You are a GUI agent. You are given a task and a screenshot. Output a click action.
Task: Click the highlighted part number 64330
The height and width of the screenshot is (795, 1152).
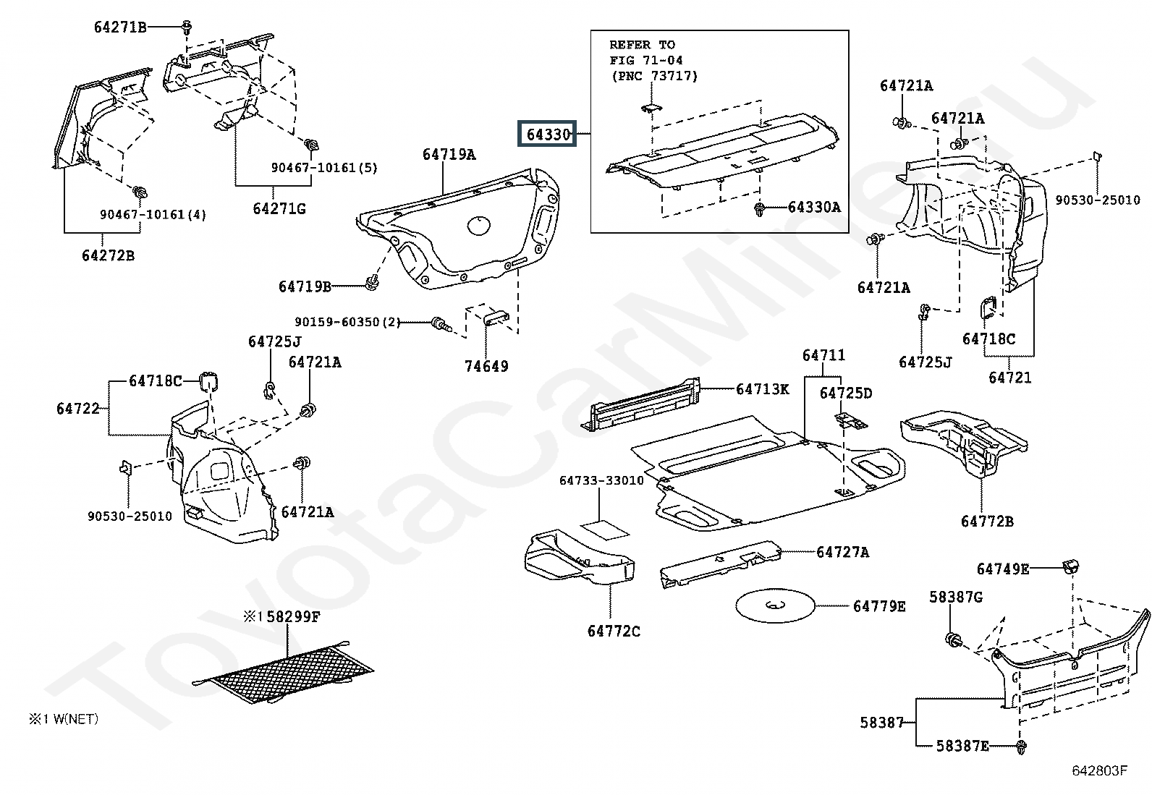pyautogui.click(x=548, y=135)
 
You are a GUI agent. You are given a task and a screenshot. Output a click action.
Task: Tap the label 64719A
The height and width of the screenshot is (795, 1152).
pyautogui.click(x=449, y=154)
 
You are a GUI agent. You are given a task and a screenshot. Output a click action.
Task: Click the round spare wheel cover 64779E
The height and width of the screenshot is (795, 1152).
pyautogui.click(x=775, y=605)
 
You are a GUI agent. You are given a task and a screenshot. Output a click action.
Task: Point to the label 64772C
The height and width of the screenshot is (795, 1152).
pyautogui.click(x=614, y=631)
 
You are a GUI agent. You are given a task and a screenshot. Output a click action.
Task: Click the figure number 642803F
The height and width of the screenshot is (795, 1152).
pyautogui.click(x=1099, y=770)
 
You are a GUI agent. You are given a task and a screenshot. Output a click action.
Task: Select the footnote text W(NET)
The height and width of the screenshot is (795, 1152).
pyautogui.click(x=75, y=719)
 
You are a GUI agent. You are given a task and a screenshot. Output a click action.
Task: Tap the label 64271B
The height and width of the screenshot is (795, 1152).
pyautogui.click(x=120, y=27)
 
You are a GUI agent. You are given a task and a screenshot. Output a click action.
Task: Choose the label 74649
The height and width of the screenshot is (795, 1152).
pyautogui.click(x=486, y=366)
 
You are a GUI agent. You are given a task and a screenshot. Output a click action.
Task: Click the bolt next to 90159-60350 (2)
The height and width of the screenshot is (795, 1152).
pyautogui.click(x=440, y=323)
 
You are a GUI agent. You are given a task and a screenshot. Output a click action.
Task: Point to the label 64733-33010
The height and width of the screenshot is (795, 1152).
pyautogui.click(x=601, y=480)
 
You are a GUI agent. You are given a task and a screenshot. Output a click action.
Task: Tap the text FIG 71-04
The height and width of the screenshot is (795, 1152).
pyautogui.click(x=646, y=60)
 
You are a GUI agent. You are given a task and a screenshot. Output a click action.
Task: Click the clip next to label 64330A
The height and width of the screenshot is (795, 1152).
pyautogui.click(x=759, y=209)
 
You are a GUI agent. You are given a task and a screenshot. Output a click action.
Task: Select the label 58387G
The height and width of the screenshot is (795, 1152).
pyautogui.click(x=956, y=597)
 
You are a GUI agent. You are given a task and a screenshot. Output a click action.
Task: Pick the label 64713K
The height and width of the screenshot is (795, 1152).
pyautogui.click(x=762, y=389)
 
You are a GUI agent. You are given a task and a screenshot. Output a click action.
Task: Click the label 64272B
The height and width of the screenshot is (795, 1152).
pyautogui.click(x=108, y=255)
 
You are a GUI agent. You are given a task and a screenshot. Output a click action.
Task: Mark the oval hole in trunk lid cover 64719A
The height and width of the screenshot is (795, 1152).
pyautogui.click(x=479, y=225)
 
